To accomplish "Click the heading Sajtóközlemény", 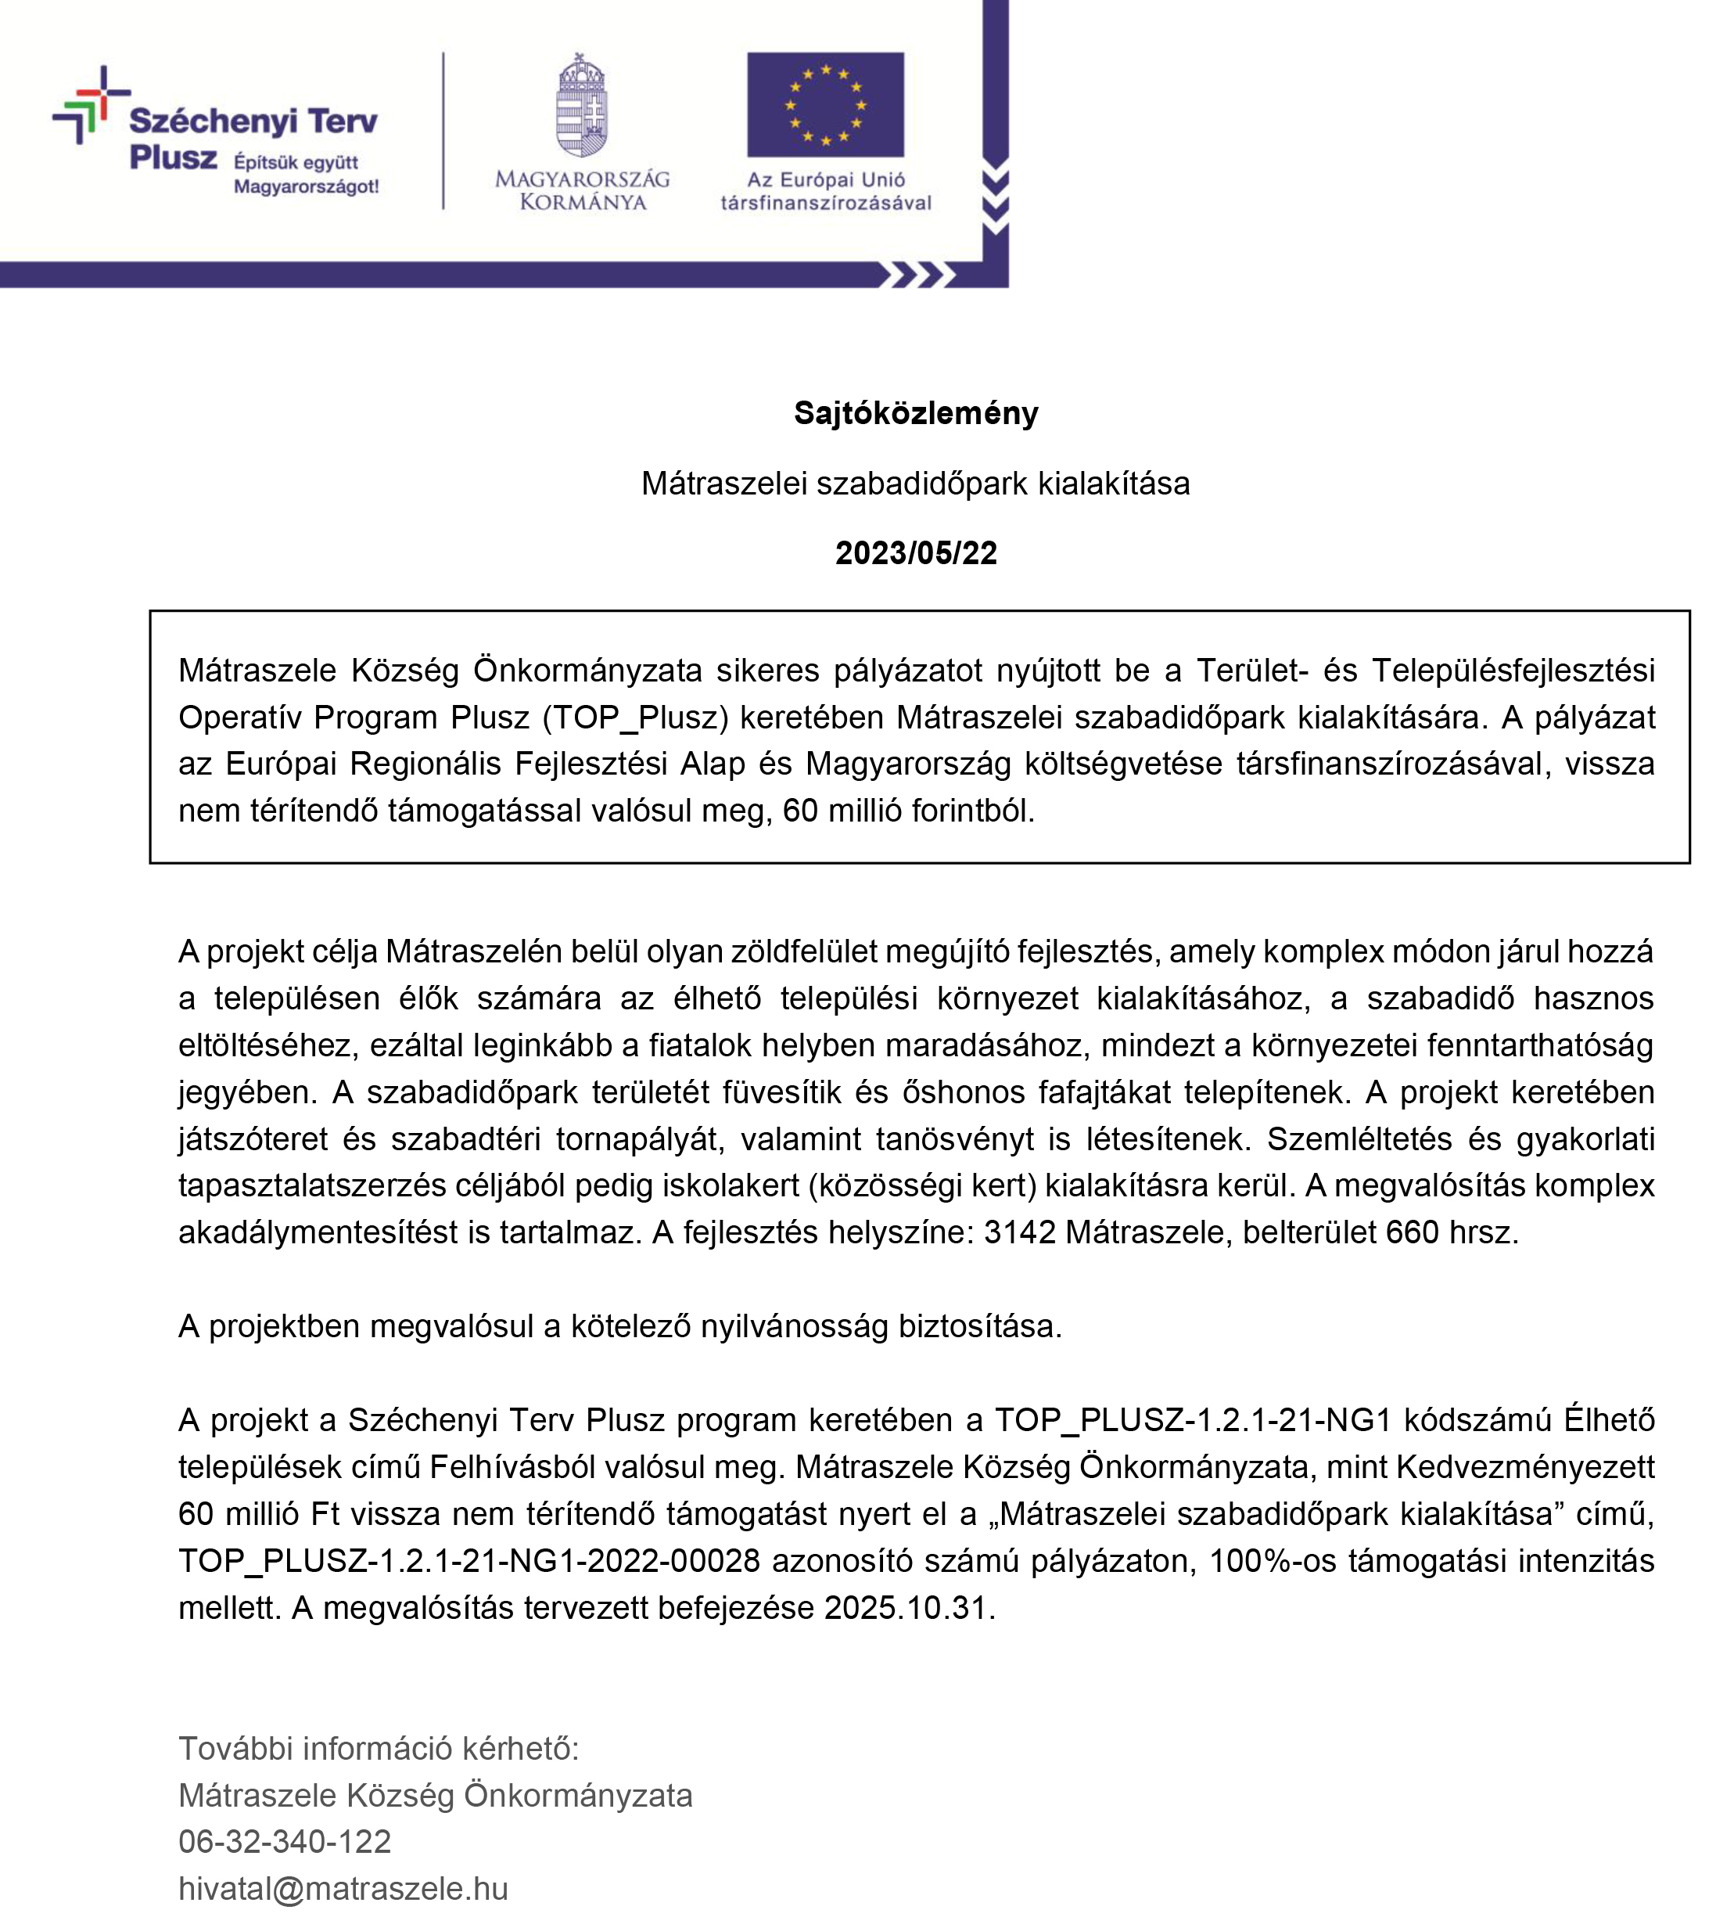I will [914, 412].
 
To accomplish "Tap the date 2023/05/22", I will [915, 552].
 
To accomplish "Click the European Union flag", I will [824, 105].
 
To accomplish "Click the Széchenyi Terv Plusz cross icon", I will [90, 105].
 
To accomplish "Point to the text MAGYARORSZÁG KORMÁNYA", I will [582, 190].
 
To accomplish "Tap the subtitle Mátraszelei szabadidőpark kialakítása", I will [914, 483].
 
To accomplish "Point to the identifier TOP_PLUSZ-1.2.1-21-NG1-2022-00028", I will [469, 1560].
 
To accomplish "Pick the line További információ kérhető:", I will [379, 1748].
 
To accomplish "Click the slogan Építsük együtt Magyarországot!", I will [306, 174].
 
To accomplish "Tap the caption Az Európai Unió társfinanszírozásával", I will [825, 190].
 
